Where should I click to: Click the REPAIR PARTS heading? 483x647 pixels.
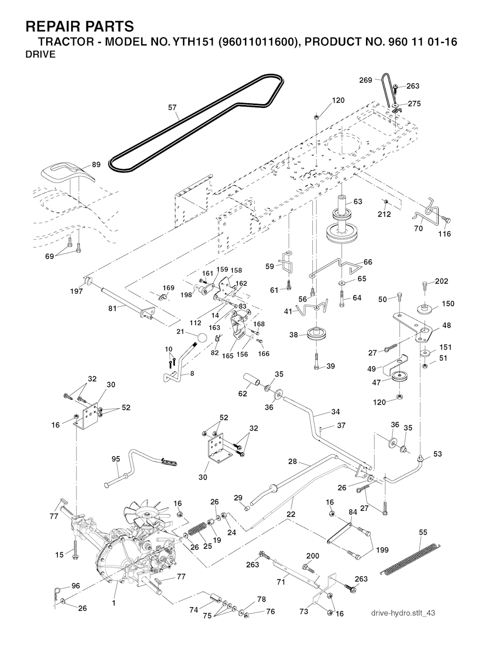point(79,25)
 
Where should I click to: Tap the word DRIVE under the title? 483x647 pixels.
point(40,54)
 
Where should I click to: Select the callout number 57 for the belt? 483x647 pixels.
point(173,108)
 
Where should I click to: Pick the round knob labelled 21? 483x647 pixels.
point(201,338)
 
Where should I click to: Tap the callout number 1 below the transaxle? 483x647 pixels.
point(114,602)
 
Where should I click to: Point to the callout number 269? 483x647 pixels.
point(366,80)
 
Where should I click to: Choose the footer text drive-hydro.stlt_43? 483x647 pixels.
point(403,613)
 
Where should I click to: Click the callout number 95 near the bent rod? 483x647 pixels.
point(116,459)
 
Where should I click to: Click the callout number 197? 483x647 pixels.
point(76,291)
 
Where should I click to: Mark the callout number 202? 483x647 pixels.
point(441,281)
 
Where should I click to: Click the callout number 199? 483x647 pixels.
point(383,549)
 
